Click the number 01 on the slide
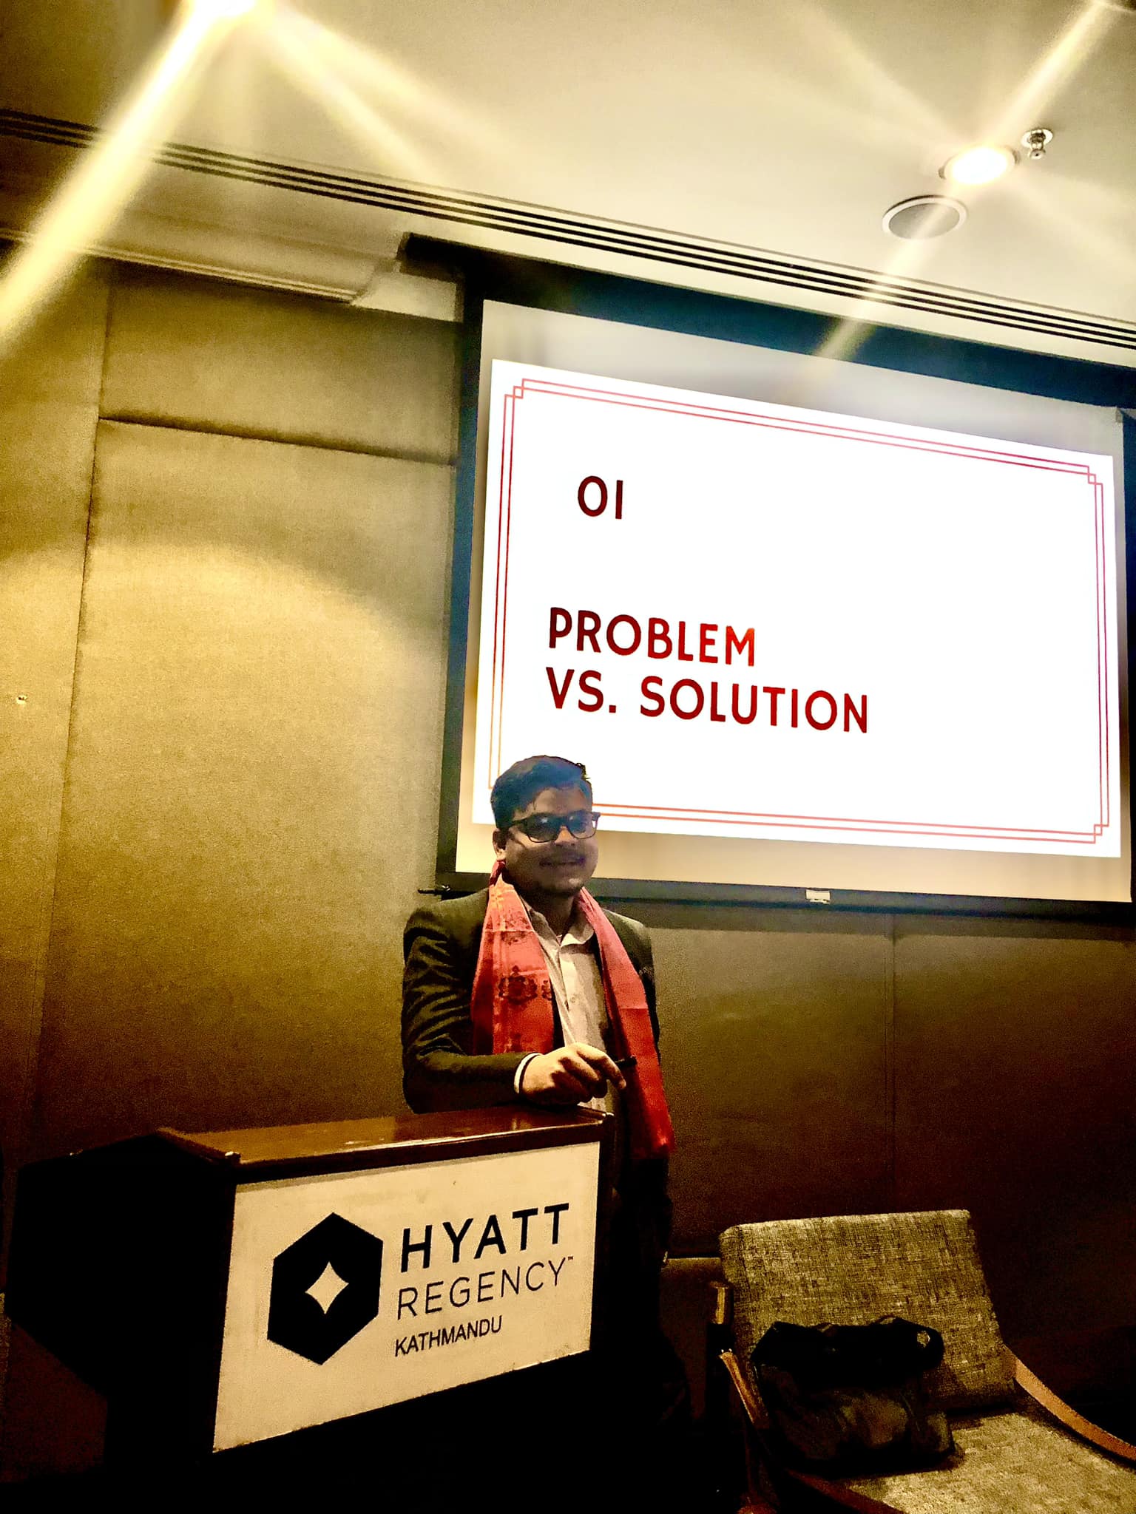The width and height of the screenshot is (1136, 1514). coord(600,499)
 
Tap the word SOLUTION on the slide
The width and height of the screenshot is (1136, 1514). coord(753,703)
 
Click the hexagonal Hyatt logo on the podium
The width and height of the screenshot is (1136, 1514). coord(326,1287)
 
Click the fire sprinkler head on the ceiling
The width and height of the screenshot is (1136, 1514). coord(1037,143)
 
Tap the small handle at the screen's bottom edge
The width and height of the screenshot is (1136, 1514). coord(817,896)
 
